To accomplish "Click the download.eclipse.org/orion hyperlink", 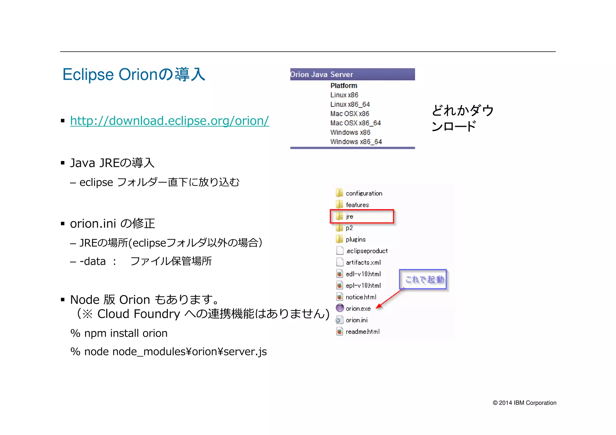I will pos(169,121).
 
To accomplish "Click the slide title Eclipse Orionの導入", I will pos(134,75).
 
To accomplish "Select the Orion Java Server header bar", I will pos(352,74).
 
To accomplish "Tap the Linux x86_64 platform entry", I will pos(350,104).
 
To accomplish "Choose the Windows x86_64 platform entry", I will pos(356,142).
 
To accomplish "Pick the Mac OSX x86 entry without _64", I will pos(350,114).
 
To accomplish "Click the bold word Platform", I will pos(343,86).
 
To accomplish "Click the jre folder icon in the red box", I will pos(339,216).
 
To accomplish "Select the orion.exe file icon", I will pos(340,308).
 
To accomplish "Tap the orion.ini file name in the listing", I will pos(356,320).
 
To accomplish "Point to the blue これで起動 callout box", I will pos(423,279).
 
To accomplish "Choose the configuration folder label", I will pos(364,193).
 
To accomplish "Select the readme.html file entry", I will pos(362,332).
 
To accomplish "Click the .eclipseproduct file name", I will pos(367,251).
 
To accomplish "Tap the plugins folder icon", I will pos(339,239).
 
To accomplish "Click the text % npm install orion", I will pos(119,333).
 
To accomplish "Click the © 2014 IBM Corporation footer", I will pos(524,403).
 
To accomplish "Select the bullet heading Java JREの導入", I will pos(112,163).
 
